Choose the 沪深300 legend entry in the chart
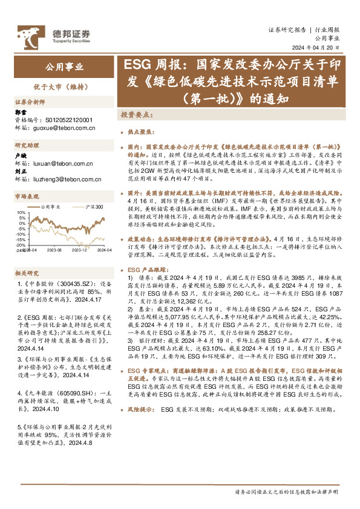[94, 207]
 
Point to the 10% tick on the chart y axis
[22, 213]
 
